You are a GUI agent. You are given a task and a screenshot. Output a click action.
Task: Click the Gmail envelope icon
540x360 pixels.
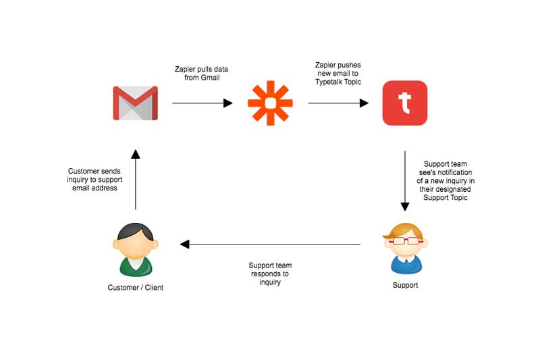(136, 103)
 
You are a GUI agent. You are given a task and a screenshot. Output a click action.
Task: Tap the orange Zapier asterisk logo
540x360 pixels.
(271, 103)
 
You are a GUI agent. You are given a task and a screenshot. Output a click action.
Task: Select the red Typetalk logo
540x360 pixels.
(405, 103)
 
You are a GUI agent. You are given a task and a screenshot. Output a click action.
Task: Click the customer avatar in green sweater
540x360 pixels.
(136, 250)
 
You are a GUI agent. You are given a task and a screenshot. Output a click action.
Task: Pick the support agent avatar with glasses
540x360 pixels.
(406, 249)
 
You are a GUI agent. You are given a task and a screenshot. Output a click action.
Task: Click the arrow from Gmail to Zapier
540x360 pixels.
(202, 103)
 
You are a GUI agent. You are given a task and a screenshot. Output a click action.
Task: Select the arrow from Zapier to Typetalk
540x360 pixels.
(338, 103)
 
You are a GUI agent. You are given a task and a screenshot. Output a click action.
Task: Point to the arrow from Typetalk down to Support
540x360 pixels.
(405, 181)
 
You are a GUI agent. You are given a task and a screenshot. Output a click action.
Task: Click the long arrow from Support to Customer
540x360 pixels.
(270, 245)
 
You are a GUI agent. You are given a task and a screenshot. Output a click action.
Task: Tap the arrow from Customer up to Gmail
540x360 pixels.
(136, 180)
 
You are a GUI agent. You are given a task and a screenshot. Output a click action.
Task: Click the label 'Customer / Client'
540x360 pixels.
(136, 288)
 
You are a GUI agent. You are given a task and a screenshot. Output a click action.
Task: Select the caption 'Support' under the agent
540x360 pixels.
(406, 285)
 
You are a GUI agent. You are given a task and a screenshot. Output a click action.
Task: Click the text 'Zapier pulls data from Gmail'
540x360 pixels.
(201, 74)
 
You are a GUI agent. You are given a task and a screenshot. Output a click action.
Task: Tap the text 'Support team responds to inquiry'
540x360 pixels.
(270, 274)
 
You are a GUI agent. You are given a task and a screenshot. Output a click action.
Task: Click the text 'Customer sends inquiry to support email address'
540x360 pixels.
(94, 180)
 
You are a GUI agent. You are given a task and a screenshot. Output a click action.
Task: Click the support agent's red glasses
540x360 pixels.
(406, 241)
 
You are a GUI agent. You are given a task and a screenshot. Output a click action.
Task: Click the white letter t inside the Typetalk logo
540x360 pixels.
(404, 103)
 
